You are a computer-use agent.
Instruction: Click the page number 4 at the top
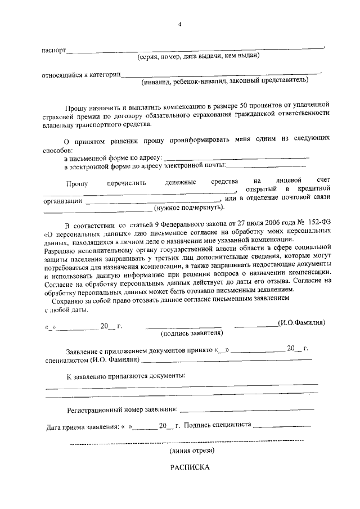coord(180,24)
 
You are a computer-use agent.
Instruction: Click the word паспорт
coord(54,49)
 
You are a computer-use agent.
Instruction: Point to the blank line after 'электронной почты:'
coord(266,166)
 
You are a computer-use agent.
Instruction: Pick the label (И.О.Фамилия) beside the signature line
coord(301,323)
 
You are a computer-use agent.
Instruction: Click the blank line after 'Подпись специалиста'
coord(282,426)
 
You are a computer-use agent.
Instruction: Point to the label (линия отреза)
coord(191,451)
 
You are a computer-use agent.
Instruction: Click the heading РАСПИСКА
coord(190,467)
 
